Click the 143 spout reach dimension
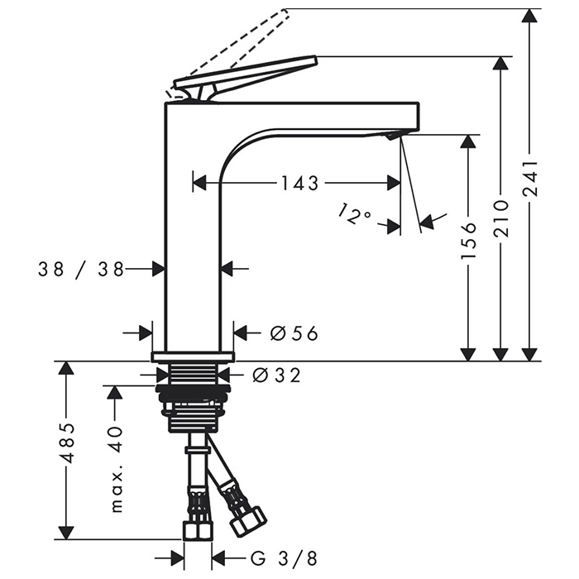tap(299, 183)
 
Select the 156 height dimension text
tap(469, 240)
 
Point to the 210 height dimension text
tap(501, 219)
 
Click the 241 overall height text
tap(531, 179)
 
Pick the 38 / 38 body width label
tap(81, 269)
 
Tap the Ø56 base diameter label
tap(294, 333)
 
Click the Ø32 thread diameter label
tap(276, 376)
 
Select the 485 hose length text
tap(67, 443)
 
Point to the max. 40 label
tap(117, 469)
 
